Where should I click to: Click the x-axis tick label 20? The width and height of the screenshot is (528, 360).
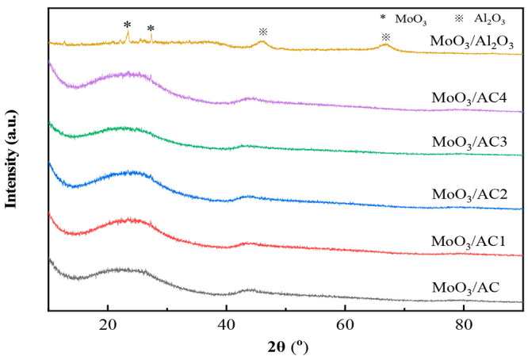point(108,324)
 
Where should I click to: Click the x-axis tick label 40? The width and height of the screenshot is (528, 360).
point(226,324)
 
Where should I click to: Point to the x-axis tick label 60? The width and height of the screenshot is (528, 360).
point(344,324)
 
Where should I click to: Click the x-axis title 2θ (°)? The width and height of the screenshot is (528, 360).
point(286,347)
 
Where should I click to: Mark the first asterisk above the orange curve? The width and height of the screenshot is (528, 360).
point(127,25)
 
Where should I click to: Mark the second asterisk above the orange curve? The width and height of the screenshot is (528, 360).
point(151,29)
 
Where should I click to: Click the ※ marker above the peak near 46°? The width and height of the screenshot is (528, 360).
point(262,32)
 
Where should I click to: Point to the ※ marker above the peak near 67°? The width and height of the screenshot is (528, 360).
point(385,36)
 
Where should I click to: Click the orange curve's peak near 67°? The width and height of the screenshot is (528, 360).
point(385,45)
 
